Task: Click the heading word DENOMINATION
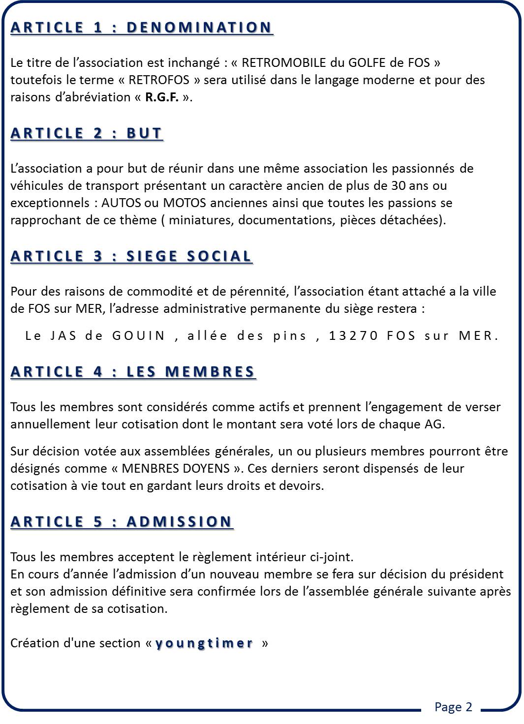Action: click(199, 28)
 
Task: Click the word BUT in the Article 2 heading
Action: click(144, 134)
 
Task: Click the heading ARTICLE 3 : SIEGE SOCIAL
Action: click(131, 256)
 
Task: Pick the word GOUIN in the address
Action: click(139, 335)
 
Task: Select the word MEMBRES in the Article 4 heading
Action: click(210, 372)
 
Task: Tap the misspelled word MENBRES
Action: click(150, 468)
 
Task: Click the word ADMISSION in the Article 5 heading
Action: click(179, 522)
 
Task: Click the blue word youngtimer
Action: click(204, 643)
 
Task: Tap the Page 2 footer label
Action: click(453, 707)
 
